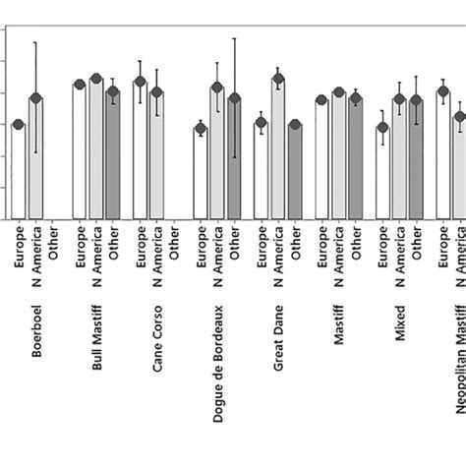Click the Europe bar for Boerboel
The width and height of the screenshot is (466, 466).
19,171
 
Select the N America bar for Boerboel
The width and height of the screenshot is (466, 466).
35,158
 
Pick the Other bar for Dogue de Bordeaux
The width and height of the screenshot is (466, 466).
234,158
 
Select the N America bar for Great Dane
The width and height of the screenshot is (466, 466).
278,148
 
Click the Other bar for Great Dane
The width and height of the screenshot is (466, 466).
295,171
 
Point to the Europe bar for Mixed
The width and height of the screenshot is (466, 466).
383,173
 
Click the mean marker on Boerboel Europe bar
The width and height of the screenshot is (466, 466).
19,124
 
